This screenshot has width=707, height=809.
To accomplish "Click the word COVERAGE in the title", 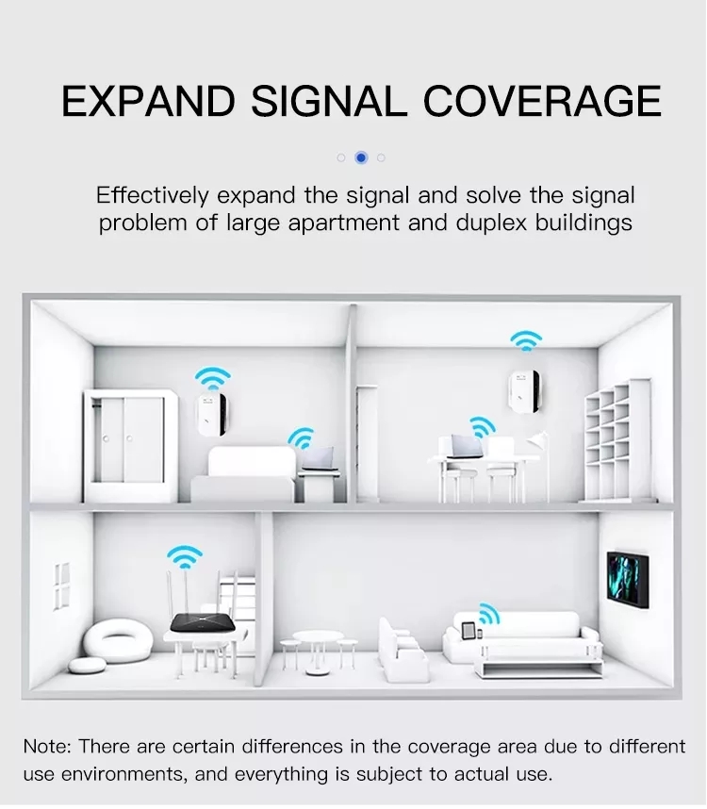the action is coord(542,101).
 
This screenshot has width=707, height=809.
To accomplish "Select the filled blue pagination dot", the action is coord(361,157).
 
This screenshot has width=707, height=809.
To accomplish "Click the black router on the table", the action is coord(203,622).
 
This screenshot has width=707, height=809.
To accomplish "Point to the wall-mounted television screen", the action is coord(628,579).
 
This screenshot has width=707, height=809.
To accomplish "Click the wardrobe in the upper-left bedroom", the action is coord(131,445).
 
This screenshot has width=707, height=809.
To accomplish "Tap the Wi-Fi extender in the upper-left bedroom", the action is coord(211,414).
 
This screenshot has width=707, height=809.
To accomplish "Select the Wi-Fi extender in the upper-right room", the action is coord(525,391).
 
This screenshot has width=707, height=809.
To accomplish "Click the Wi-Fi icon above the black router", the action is coord(185,556).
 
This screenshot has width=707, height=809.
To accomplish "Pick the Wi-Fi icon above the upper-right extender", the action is coord(526,340).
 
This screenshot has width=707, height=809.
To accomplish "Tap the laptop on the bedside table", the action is coord(320,458).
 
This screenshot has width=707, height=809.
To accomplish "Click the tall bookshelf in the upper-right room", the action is coord(618,439).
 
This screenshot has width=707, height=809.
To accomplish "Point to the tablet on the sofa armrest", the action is coord(469,631).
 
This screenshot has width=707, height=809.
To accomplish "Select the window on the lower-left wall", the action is coord(62,586).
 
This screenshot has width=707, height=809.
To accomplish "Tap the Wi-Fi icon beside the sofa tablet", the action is coord(489,614).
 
